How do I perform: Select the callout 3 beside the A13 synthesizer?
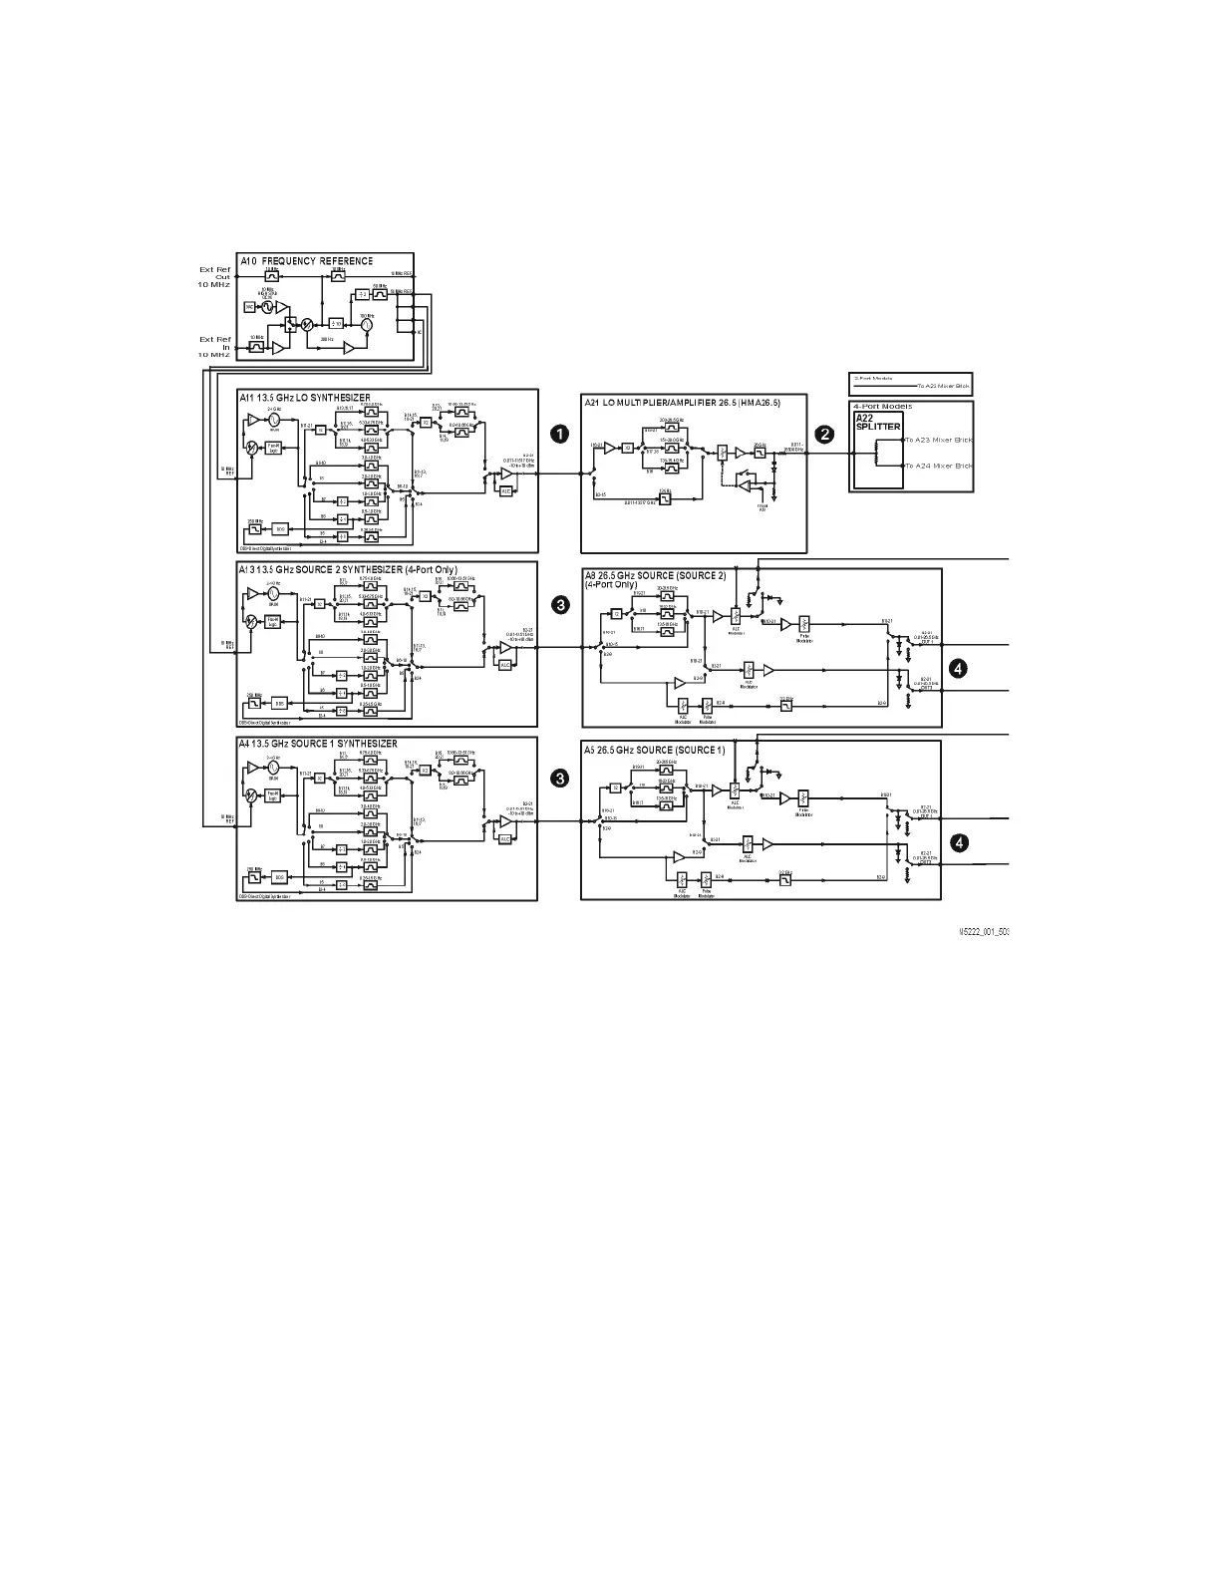pyautogui.click(x=561, y=604)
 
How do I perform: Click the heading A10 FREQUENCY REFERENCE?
pyautogui.click(x=306, y=261)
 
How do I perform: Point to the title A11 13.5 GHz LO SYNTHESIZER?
pyautogui.click(x=305, y=398)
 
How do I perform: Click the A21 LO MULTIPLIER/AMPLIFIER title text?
pyautogui.click(x=682, y=402)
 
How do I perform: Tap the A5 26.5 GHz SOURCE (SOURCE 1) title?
pyautogui.click(x=655, y=750)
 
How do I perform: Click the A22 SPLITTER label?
pyautogui.click(x=878, y=422)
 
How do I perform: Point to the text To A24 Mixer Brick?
pyautogui.click(x=938, y=466)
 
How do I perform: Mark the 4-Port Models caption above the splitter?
pyautogui.click(x=882, y=407)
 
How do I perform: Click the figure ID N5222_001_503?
pyautogui.click(x=984, y=931)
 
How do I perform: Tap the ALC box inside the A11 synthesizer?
pyautogui.click(x=505, y=490)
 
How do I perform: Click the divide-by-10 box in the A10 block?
pyautogui.click(x=337, y=323)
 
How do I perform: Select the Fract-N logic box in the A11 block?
pyautogui.click(x=274, y=448)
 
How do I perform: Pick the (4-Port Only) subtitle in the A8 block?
pyautogui.click(x=610, y=584)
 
